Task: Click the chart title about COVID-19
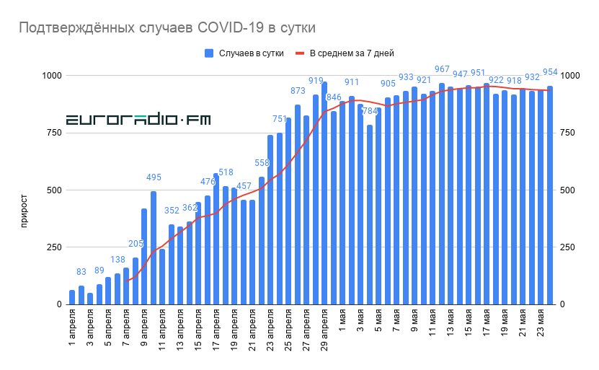pyautogui.click(x=167, y=27)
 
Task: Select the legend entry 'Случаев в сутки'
pyautogui.click(x=244, y=53)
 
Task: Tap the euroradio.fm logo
pyautogui.click(x=138, y=120)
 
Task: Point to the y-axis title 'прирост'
pyautogui.click(x=24, y=210)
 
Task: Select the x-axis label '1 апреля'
pyautogui.click(x=72, y=328)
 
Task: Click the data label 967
pyautogui.click(x=442, y=69)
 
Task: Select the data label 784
pyautogui.click(x=370, y=111)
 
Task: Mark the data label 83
pyautogui.click(x=81, y=272)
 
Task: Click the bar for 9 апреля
pyautogui.click(x=144, y=257)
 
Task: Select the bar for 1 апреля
pyautogui.click(x=72, y=297)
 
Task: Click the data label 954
pyautogui.click(x=550, y=72)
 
